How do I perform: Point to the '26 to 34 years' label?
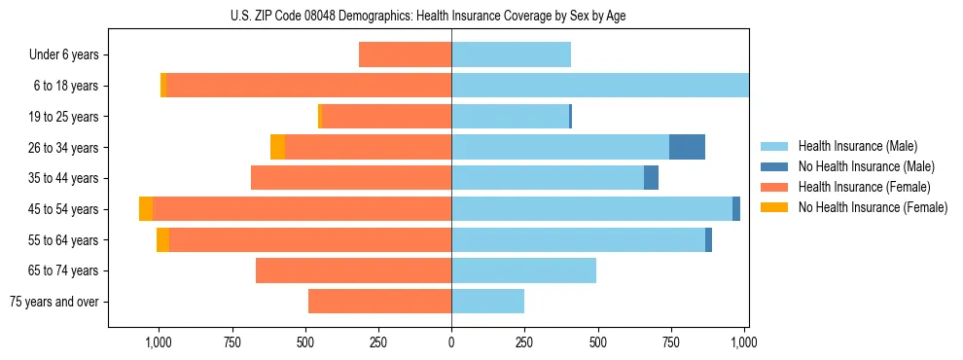(63, 147)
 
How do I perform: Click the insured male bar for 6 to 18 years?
(599, 86)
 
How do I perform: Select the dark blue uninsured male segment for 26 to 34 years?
(687, 147)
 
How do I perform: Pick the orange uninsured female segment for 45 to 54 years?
(146, 209)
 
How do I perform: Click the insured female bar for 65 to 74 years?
(353, 270)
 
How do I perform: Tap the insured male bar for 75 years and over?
(487, 302)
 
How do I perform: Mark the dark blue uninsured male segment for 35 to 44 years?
(651, 178)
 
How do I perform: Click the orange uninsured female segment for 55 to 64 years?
(162, 239)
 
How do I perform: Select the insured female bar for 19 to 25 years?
(386, 117)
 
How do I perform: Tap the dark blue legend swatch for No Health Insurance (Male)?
(774, 166)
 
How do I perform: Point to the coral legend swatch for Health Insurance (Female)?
(774, 187)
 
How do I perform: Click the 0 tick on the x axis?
(451, 342)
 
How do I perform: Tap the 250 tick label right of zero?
(524, 342)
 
